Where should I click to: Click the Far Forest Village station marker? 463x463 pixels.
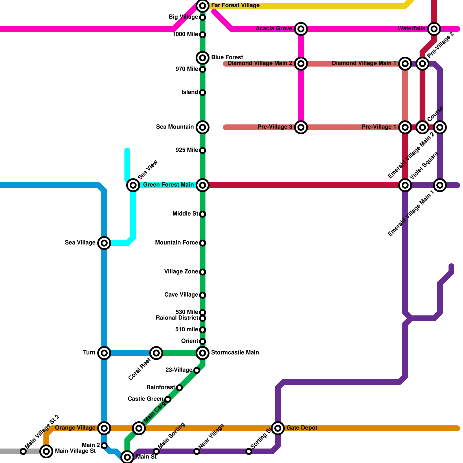click(x=203, y=5)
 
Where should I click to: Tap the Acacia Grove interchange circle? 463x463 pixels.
click(x=301, y=29)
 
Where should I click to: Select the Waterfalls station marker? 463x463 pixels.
click(x=434, y=29)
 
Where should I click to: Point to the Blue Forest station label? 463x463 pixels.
click(x=227, y=57)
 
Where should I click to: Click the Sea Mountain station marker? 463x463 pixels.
click(x=203, y=127)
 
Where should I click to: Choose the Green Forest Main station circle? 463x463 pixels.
click(x=203, y=185)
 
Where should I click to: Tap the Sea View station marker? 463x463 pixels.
click(x=133, y=185)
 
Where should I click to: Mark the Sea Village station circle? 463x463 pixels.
click(x=104, y=243)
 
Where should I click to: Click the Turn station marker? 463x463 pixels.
click(x=104, y=353)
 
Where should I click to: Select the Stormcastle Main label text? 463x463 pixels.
click(x=235, y=352)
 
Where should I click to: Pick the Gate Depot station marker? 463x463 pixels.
click(x=278, y=428)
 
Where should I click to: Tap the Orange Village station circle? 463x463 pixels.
click(x=104, y=428)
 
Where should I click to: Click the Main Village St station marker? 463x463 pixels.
click(x=46, y=451)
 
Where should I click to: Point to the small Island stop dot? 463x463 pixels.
click(x=203, y=93)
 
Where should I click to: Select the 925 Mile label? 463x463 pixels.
click(x=187, y=150)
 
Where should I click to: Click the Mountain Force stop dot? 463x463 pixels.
click(x=203, y=243)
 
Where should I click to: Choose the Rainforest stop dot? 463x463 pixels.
click(x=179, y=388)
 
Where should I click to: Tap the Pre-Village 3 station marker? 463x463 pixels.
click(x=301, y=127)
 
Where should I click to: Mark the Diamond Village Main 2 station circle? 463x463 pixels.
click(x=301, y=63)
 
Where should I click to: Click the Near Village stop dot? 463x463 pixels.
click(x=197, y=451)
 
